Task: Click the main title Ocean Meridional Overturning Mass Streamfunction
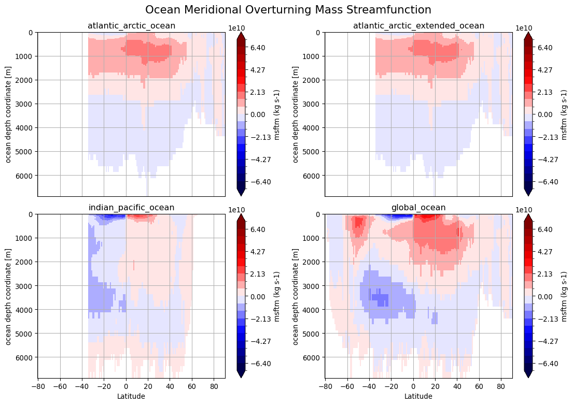tap(288, 10)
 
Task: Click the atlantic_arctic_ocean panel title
tap(131, 26)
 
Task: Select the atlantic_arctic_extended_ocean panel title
tap(418, 26)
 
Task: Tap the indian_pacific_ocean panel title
tap(131, 208)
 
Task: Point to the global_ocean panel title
tap(418, 208)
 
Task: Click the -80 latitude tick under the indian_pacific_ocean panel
tap(38, 386)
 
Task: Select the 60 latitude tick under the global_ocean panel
tap(479, 386)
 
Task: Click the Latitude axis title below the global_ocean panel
tap(418, 396)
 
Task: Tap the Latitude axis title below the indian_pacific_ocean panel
tap(131, 396)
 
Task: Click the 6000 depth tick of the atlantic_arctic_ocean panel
tap(25, 176)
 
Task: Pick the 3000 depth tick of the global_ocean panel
tap(313, 286)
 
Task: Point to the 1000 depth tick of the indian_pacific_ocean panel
tap(25, 238)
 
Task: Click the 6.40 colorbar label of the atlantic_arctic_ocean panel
tap(258, 48)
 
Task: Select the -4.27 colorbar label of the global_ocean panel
tap(543, 341)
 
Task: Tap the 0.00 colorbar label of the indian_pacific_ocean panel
tap(258, 297)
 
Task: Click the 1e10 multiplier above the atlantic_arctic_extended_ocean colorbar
tap(524, 28)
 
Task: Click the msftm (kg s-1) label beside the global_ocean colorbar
tap(564, 296)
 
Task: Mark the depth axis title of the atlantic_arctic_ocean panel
tap(8, 114)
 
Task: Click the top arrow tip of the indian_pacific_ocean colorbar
tap(241, 214)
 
